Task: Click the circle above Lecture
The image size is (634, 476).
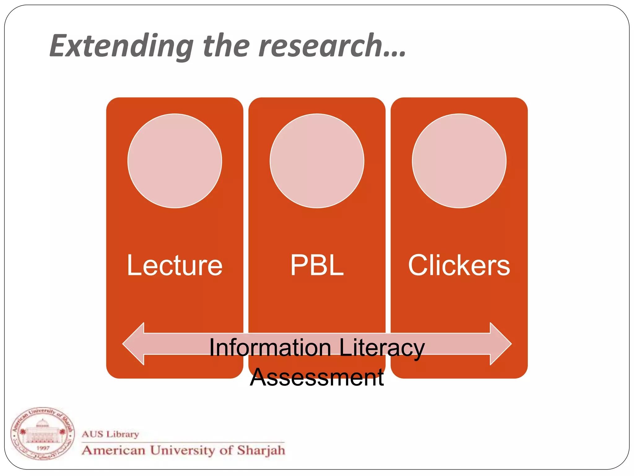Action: [175, 161]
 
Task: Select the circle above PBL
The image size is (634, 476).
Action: [317, 161]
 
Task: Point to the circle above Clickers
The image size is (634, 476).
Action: [459, 161]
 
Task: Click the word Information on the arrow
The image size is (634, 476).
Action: [270, 348]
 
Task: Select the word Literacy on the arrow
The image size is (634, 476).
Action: [382, 348]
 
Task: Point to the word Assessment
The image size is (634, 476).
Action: [317, 377]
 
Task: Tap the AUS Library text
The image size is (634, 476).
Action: [110, 434]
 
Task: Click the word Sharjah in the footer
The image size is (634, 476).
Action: [261, 450]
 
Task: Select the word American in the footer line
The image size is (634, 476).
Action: [114, 450]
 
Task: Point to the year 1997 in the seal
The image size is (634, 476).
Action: [43, 448]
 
